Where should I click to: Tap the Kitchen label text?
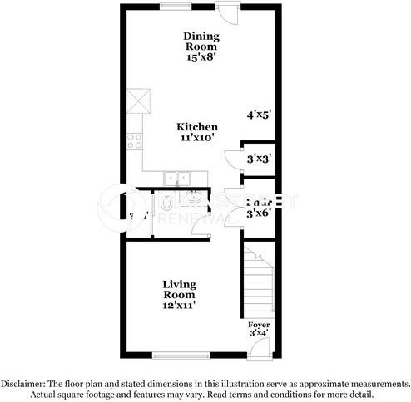click(197, 126)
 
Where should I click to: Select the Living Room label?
click(179, 290)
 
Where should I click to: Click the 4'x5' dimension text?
click(259, 115)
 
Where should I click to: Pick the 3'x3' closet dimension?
click(257, 156)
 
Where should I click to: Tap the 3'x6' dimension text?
click(260, 213)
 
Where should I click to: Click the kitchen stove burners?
click(134, 140)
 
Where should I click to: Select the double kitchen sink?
click(176, 177)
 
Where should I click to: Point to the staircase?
click(259, 280)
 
